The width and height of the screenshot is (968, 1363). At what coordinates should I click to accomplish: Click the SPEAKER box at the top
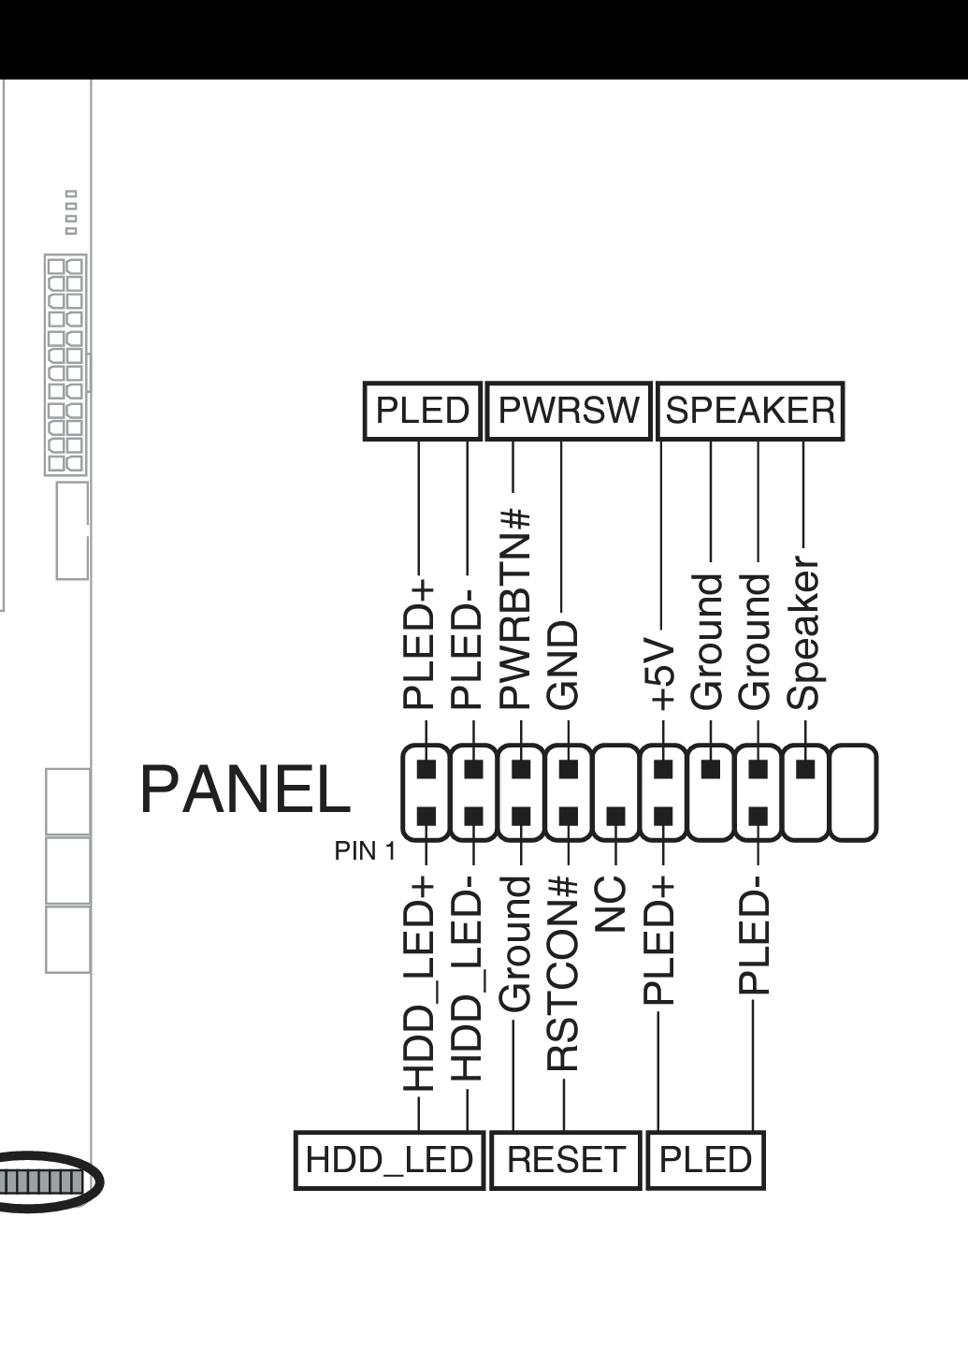(x=750, y=411)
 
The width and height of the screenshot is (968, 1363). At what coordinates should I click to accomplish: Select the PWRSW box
(x=569, y=411)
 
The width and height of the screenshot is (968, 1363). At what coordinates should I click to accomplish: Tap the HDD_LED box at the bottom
(x=389, y=1160)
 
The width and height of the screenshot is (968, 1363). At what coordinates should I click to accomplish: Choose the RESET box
(x=566, y=1160)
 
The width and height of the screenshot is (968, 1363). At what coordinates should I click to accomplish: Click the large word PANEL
(x=246, y=790)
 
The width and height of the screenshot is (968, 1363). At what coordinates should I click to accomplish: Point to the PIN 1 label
(x=365, y=851)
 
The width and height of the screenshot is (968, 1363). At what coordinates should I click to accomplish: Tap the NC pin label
(x=610, y=905)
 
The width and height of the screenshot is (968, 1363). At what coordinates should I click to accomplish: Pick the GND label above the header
(x=562, y=665)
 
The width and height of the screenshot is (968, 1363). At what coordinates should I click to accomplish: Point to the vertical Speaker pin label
(x=803, y=632)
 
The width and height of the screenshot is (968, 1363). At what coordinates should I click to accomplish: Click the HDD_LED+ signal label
(x=418, y=983)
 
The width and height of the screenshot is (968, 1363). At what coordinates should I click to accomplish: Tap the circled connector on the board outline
(x=49, y=1182)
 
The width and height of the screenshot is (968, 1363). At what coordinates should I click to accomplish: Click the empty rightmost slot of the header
(x=854, y=793)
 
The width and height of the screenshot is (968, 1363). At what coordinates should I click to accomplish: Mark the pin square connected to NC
(x=615, y=817)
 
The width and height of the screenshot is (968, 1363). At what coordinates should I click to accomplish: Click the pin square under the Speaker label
(x=805, y=769)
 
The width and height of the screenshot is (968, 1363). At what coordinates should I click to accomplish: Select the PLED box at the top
(x=423, y=411)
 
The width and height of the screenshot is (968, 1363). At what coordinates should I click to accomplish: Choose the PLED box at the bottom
(x=706, y=1160)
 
